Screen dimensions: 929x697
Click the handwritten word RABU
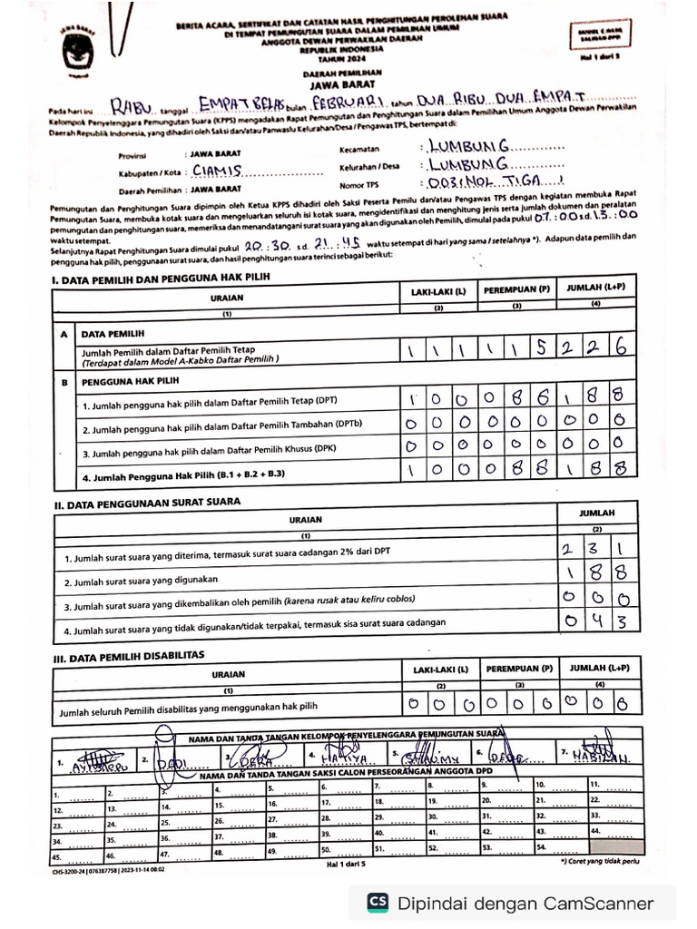(133, 108)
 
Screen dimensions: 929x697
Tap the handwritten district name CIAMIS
(215, 170)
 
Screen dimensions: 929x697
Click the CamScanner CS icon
(378, 902)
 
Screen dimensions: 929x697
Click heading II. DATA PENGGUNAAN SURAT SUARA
(150, 504)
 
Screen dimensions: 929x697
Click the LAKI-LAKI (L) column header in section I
(438, 292)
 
